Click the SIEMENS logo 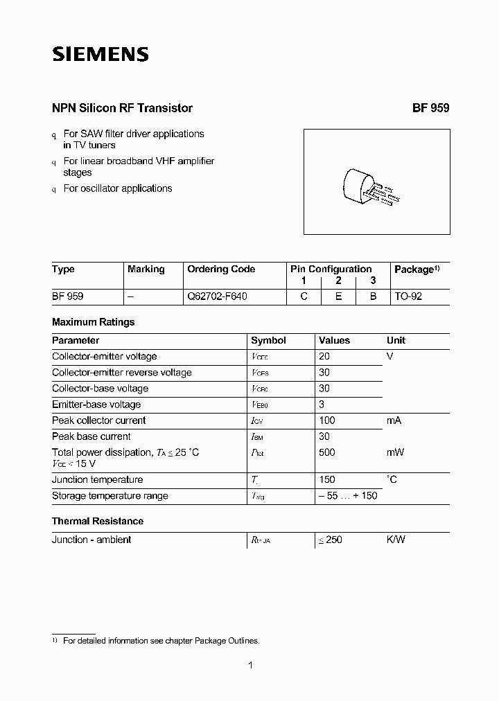[100, 55]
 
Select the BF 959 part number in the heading [430, 108]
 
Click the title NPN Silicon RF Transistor [122, 108]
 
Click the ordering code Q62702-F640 [217, 296]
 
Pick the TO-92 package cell [408, 296]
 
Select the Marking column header [146, 269]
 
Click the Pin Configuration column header [331, 269]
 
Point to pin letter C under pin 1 [304, 296]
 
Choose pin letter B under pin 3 [373, 296]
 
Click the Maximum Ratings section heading [93, 322]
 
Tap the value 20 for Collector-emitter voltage [324, 356]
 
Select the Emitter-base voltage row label [96, 405]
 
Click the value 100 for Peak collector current [326, 420]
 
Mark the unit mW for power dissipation [395, 452]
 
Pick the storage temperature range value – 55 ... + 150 [348, 496]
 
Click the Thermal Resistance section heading [98, 521]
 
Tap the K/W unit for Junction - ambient [396, 540]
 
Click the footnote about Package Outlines [161, 641]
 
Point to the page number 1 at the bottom [250, 666]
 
